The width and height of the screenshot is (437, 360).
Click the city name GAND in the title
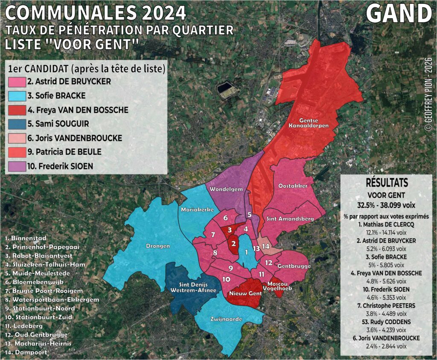(x=399, y=14)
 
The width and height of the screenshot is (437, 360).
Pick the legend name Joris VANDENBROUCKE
(x=79, y=138)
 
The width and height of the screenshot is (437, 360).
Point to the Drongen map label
(x=158, y=246)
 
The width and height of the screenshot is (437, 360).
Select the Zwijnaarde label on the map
(x=226, y=319)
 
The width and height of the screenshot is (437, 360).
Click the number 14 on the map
(x=265, y=246)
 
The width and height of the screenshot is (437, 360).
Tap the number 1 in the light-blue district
(x=246, y=252)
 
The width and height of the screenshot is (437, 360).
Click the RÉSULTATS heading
(x=387, y=183)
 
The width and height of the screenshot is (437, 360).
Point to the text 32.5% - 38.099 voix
(x=387, y=203)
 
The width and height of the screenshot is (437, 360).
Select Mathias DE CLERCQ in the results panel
(x=387, y=224)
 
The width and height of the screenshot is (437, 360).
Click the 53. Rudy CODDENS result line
(x=387, y=322)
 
